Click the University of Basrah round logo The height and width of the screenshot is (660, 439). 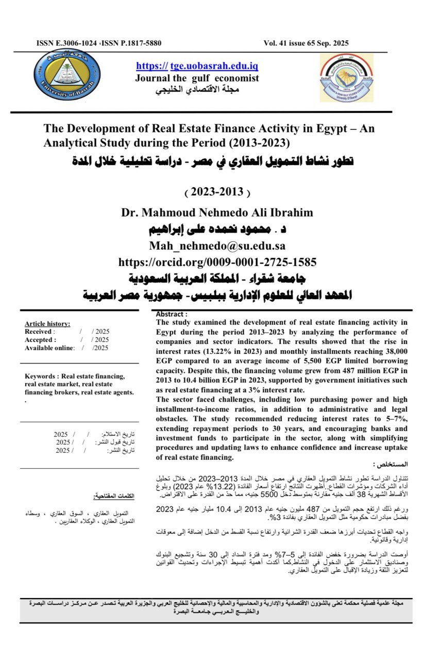click(x=64, y=78)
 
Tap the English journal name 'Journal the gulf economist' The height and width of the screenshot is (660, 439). click(x=197, y=78)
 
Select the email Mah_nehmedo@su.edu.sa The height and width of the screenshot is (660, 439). click(x=217, y=245)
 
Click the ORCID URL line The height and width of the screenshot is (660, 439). click(x=217, y=261)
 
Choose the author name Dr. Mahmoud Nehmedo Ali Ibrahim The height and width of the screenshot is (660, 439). click(x=217, y=212)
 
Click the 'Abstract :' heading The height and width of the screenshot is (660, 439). click(x=172, y=314)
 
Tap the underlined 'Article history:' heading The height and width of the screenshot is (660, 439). click(x=47, y=324)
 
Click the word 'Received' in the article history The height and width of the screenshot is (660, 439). click(x=38, y=332)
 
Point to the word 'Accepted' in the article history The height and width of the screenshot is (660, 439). click(x=39, y=340)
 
